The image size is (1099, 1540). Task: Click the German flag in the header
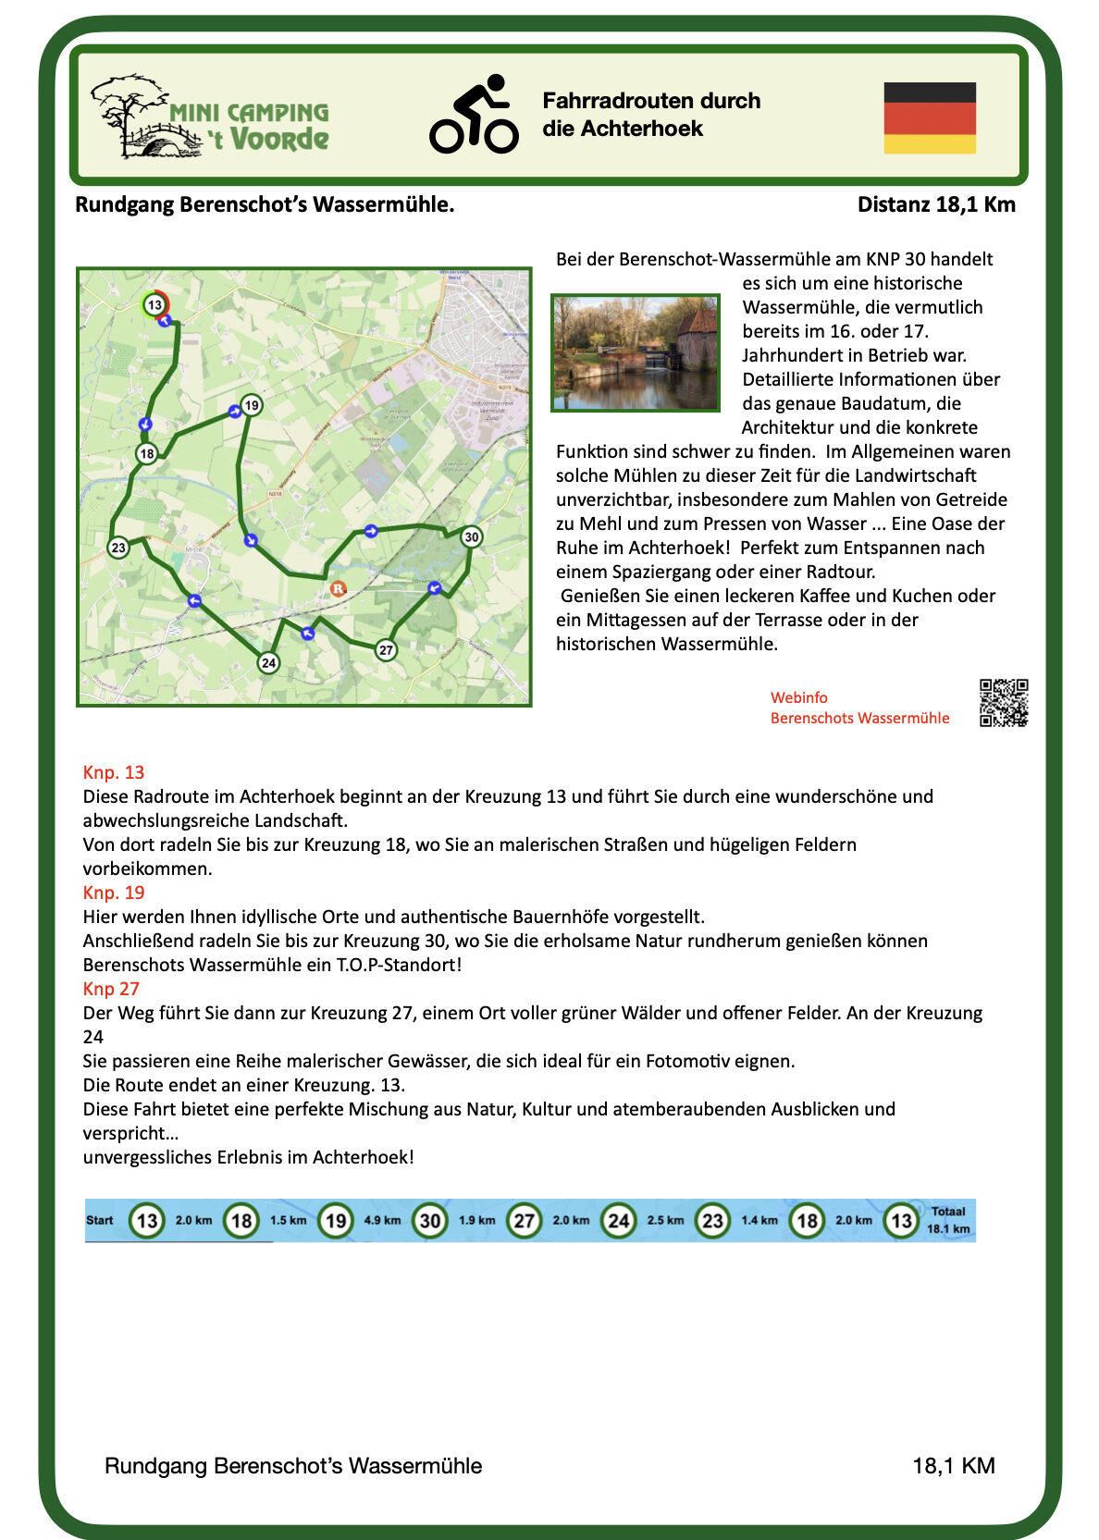pyautogui.click(x=929, y=117)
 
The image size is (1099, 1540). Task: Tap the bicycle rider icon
pyautogui.click(x=474, y=115)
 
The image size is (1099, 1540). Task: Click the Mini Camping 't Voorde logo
pyautogui.click(x=211, y=117)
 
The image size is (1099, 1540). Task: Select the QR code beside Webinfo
pyautogui.click(x=1003, y=703)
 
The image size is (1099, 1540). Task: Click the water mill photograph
pyautogui.click(x=635, y=352)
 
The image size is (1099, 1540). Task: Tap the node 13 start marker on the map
pyautogui.click(x=154, y=304)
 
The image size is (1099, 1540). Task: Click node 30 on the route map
pyautogui.click(x=471, y=536)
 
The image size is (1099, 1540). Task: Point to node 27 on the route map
pyautogui.click(x=386, y=650)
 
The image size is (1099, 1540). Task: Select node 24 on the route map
pyautogui.click(x=268, y=662)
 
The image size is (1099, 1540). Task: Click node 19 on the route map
pyautogui.click(x=251, y=405)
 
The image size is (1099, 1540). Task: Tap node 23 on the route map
pyautogui.click(x=118, y=548)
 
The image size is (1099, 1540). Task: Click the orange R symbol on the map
pyautogui.click(x=338, y=588)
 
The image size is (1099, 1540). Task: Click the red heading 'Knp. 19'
pyautogui.click(x=114, y=893)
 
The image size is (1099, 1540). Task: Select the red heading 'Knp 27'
pyautogui.click(x=111, y=989)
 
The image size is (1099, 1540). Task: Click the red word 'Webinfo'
pyautogui.click(x=798, y=697)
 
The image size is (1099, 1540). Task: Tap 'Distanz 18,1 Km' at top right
pyautogui.click(x=935, y=204)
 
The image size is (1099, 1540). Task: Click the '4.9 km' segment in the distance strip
pyautogui.click(x=382, y=1220)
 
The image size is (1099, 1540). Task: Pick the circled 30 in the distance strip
pyautogui.click(x=429, y=1220)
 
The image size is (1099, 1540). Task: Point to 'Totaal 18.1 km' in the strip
pyautogui.click(x=948, y=1220)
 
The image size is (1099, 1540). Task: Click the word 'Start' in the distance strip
pyautogui.click(x=100, y=1220)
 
